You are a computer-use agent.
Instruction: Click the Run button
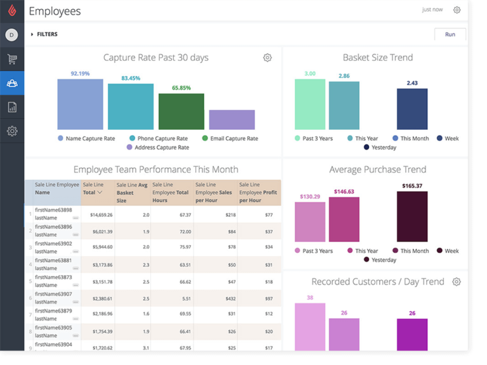click(450, 34)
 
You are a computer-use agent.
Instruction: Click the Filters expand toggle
click(32, 34)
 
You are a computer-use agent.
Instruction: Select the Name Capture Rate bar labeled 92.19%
click(80, 104)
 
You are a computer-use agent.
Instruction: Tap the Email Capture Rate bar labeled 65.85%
click(181, 112)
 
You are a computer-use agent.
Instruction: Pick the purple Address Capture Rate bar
click(231, 120)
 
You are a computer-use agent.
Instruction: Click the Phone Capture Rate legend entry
click(159, 138)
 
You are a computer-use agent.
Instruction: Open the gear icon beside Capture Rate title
click(267, 58)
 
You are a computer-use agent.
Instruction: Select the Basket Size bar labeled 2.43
click(412, 109)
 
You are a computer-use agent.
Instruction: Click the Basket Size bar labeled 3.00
click(309, 105)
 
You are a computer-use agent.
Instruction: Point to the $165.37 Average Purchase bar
click(412, 216)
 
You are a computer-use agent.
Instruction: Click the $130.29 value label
click(309, 196)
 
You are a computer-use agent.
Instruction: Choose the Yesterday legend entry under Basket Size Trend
click(380, 148)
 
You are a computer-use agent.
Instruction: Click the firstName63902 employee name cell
click(53, 247)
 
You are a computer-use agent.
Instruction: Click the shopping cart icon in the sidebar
click(12, 59)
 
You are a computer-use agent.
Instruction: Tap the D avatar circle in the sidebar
click(11, 35)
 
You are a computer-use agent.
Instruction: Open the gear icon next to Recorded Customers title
click(456, 282)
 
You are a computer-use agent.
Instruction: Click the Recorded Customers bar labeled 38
click(309, 327)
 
